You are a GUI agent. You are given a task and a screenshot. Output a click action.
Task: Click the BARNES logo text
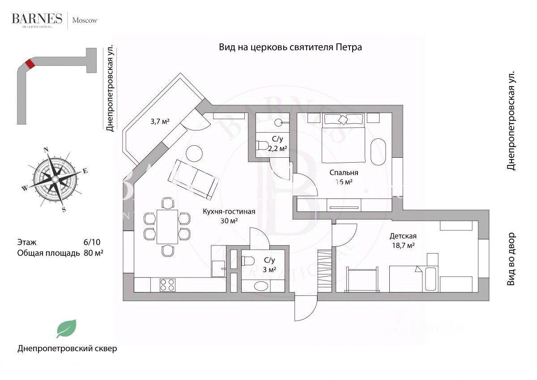click(x=37, y=18)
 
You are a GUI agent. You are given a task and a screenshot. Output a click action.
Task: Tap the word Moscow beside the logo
click(x=85, y=21)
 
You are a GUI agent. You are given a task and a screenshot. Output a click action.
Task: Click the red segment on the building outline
click(x=30, y=64)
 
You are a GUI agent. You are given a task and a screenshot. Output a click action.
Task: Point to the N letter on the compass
click(x=46, y=150)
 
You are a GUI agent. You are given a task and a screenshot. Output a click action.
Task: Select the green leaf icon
click(x=67, y=328)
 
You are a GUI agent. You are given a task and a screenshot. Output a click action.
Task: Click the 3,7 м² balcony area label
click(x=160, y=121)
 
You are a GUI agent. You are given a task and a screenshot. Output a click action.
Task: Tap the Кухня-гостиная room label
click(x=229, y=212)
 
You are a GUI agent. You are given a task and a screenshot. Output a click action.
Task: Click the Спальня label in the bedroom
click(x=344, y=173)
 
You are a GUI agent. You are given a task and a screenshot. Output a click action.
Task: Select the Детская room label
click(x=403, y=236)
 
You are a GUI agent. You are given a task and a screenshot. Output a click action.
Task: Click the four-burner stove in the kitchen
click(x=167, y=285)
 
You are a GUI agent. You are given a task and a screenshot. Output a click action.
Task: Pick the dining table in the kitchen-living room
click(x=167, y=227)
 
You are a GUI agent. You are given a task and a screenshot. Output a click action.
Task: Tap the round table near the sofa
click(x=194, y=154)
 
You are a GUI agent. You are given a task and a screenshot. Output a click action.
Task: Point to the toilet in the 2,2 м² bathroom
click(x=262, y=146)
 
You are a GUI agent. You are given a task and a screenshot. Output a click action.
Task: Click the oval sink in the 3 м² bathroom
click(x=261, y=286)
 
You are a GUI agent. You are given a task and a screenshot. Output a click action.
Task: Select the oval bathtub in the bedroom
click(x=378, y=151)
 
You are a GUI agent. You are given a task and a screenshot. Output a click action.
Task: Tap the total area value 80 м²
click(x=94, y=253)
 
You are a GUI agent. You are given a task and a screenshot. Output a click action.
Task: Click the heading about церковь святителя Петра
click(x=290, y=47)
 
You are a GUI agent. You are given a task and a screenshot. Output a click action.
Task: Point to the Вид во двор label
click(x=511, y=259)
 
